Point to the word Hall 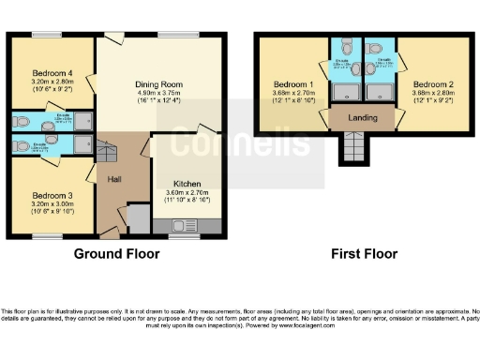coord(114,180)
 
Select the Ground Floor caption coord(113,253)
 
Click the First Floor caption coord(364,253)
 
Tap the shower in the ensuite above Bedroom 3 coord(82,142)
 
